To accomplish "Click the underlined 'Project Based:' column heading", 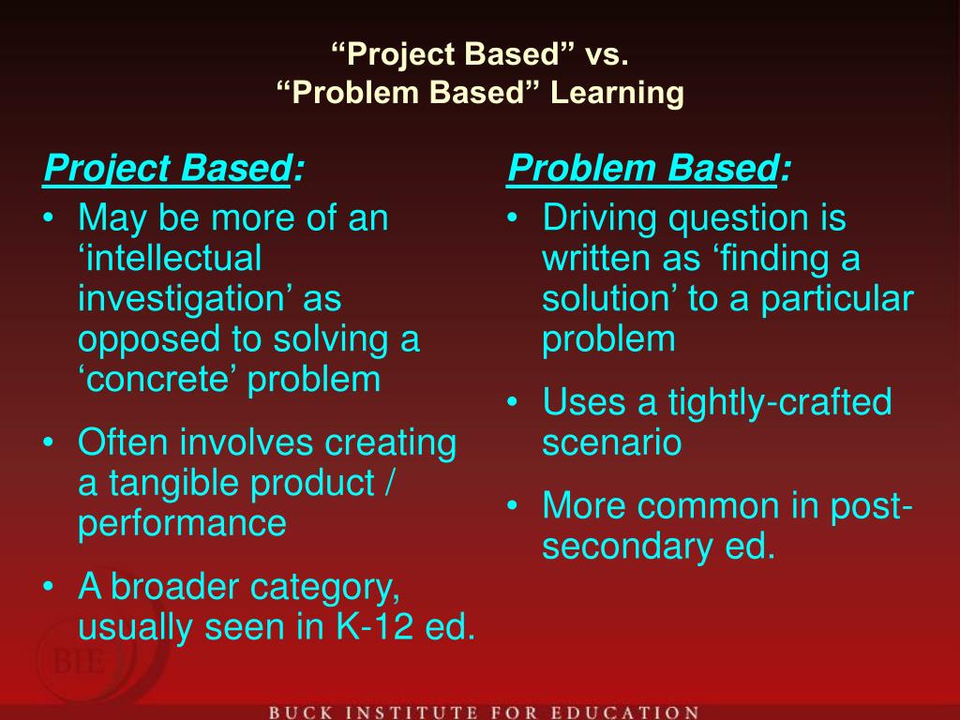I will click(x=173, y=170).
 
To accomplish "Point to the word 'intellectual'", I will click(x=170, y=259).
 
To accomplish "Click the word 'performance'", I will click(x=182, y=523).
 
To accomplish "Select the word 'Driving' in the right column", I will click(x=599, y=218).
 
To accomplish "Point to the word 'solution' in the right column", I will click(x=610, y=299).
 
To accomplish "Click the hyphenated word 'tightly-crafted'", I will click(x=779, y=402).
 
